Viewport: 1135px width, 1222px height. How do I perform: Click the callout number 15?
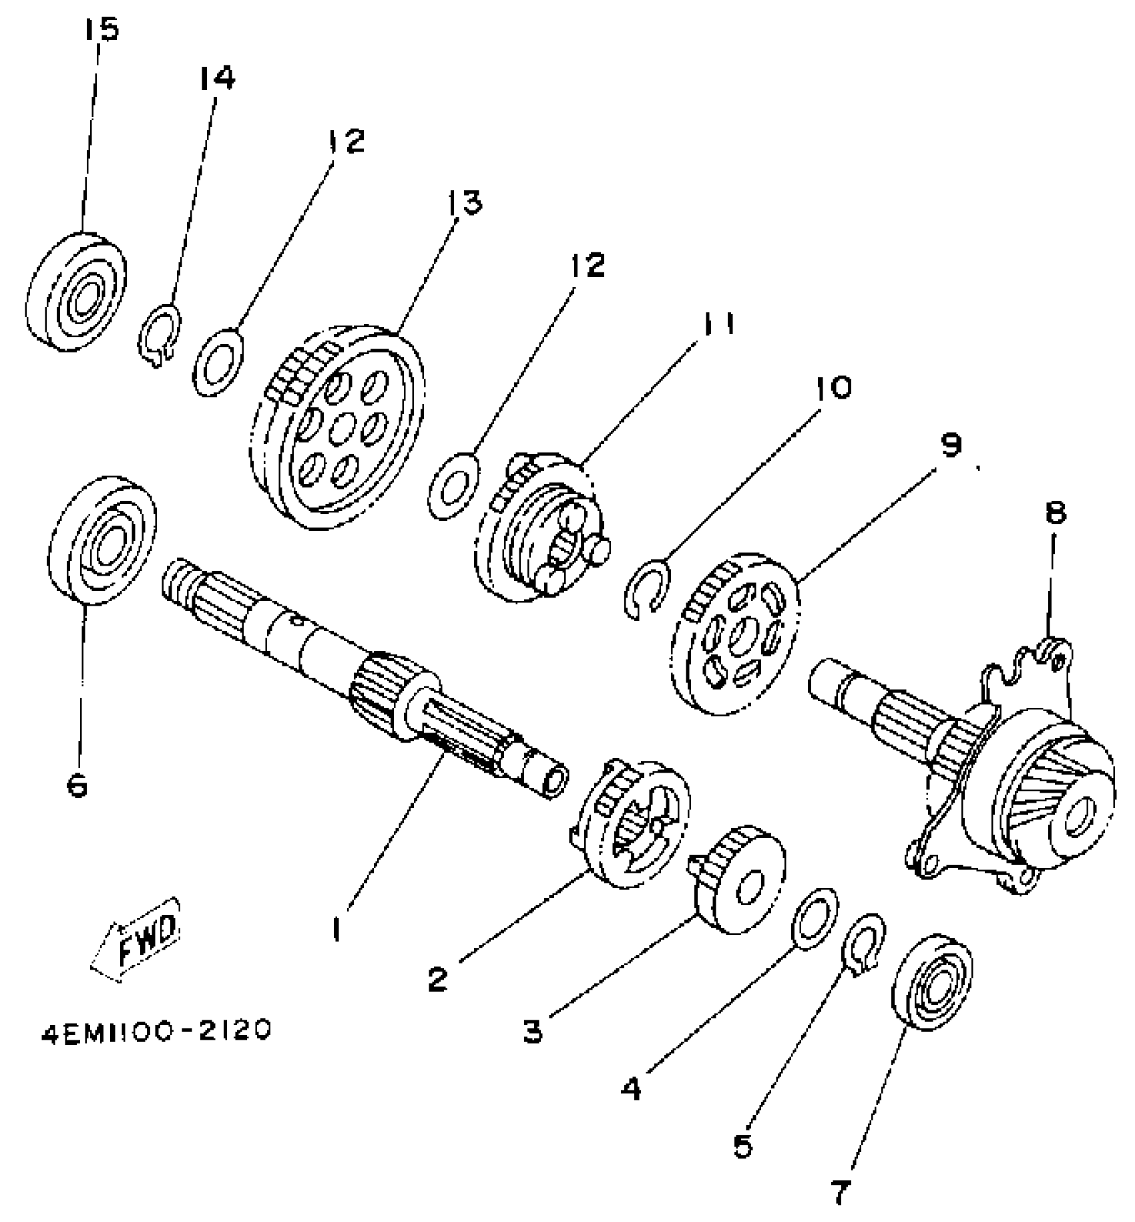click(101, 30)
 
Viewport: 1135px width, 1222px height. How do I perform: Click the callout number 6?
click(77, 786)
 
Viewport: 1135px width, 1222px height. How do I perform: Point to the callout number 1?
click(336, 930)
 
